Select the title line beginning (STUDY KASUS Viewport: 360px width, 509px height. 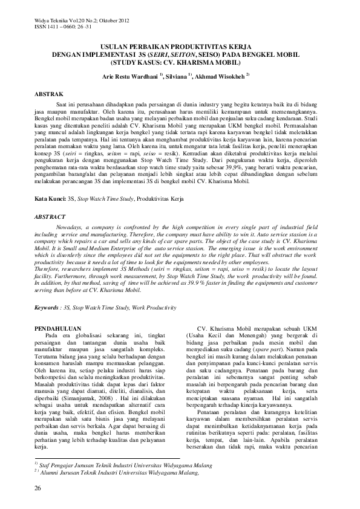point(179,62)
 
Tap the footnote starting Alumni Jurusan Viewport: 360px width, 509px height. point(115,473)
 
